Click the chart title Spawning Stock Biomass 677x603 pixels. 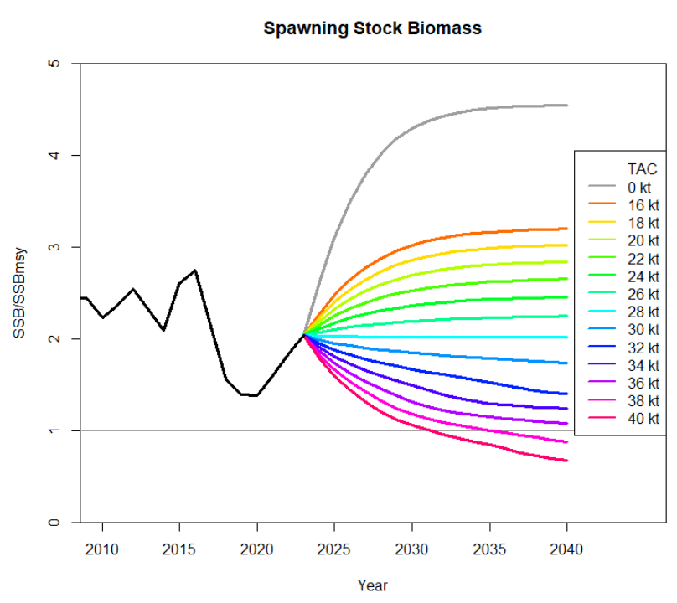pos(372,28)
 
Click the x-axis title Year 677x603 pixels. pos(372,585)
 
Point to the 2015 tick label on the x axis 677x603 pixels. pos(179,549)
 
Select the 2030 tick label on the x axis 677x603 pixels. pos(411,549)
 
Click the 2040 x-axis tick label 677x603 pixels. pos(566,549)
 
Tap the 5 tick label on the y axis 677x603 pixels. pos(53,64)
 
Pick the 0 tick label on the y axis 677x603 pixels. pos(53,522)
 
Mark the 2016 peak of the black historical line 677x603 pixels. pos(195,270)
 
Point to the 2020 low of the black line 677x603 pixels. pos(256,395)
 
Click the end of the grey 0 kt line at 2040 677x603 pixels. pos(566,106)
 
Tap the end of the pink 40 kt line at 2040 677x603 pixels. pos(566,460)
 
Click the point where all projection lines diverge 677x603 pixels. pos(303,335)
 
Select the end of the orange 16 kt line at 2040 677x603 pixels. pos(566,229)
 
